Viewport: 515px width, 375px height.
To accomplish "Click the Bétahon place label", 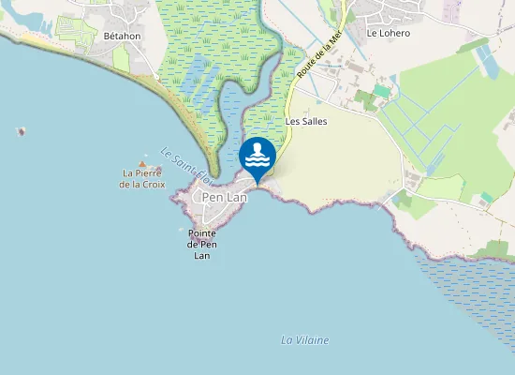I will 122,36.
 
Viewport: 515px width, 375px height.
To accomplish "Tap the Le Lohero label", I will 388,33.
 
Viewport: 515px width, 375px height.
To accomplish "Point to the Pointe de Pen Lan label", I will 202,244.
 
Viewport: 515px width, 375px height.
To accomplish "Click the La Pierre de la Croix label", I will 142,178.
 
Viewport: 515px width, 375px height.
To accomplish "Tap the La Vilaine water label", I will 305,339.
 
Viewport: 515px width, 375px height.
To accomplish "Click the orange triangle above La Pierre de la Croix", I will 142,163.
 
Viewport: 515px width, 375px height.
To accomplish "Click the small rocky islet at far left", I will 21,131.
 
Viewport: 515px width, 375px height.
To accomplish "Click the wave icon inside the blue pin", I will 257,154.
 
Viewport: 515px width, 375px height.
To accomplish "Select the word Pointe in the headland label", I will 202,232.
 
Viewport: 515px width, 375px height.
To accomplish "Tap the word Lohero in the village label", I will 394,33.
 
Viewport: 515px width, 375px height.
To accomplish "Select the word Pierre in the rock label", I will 148,172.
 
